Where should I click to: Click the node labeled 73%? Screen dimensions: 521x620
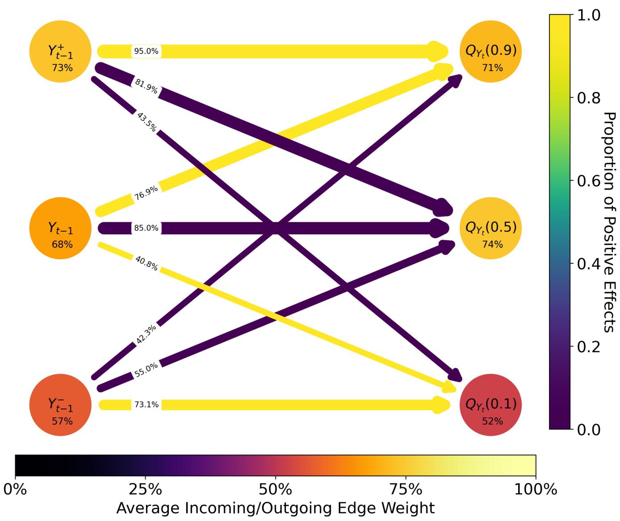tap(60, 51)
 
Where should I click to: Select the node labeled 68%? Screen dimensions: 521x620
tap(60, 228)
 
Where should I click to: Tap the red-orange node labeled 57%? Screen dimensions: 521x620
tap(60, 404)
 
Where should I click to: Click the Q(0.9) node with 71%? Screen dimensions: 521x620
tap(491, 51)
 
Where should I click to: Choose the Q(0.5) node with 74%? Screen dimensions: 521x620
tap(491, 228)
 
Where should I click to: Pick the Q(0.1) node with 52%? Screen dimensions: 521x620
tap(491, 404)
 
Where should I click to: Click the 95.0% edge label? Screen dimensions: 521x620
tap(146, 51)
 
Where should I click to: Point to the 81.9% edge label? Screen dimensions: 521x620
tap(146, 86)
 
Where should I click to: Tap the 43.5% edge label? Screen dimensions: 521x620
tap(146, 122)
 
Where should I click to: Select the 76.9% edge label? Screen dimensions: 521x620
tap(146, 193)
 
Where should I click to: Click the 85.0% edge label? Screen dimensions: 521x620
tap(146, 228)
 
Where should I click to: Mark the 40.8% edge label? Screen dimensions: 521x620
tap(146, 263)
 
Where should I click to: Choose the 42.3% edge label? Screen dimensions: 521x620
tap(146, 334)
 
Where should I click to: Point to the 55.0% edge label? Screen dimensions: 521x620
tap(146, 370)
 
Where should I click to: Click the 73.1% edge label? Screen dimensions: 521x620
tap(146, 404)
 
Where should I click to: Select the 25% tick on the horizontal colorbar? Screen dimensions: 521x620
tap(146, 489)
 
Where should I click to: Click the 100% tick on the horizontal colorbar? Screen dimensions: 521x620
tap(536, 489)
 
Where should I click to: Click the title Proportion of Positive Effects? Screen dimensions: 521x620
tap(609, 222)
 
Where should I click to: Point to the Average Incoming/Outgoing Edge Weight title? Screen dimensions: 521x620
tap(275, 508)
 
